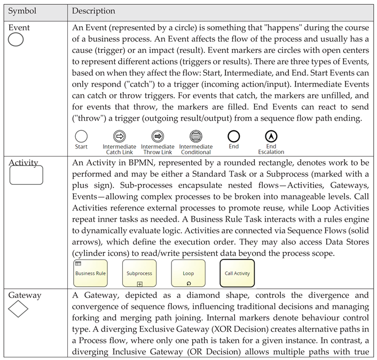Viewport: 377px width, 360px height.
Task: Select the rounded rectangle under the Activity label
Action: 26,175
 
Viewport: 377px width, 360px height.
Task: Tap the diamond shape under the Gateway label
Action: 18,308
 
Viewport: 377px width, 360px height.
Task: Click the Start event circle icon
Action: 81,136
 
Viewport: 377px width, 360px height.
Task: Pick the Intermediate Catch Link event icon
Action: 120,136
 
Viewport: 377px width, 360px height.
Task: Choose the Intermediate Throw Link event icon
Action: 158,136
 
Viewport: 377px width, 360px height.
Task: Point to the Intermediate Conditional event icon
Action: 195,136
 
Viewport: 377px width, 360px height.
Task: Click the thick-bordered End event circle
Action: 233,136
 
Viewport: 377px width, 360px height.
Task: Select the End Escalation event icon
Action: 271,136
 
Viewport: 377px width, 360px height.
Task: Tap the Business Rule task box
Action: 90,273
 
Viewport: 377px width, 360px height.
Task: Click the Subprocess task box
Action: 139,273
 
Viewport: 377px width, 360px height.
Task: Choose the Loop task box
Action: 188,273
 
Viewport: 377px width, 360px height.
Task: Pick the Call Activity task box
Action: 237,273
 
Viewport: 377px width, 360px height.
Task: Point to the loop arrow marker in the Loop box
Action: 189,283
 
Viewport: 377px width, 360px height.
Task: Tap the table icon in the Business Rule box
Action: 78,263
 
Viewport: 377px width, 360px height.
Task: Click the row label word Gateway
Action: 25,295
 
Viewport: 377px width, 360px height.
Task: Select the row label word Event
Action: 19,28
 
